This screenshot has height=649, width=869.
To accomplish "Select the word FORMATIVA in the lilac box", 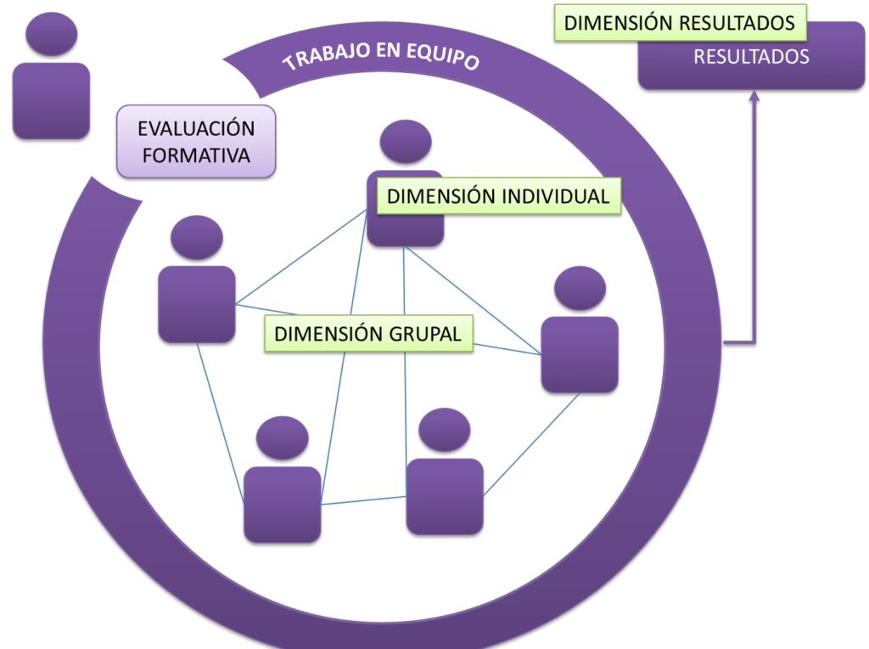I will (x=196, y=155).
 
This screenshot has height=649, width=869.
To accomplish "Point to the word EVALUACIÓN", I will (x=196, y=129).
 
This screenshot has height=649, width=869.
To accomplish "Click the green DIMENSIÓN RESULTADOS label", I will (x=680, y=23).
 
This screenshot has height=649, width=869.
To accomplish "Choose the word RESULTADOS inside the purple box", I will (x=751, y=59).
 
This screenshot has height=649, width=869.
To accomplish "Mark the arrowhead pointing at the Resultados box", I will (x=753, y=95).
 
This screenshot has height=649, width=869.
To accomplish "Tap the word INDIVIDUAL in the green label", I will (x=556, y=196).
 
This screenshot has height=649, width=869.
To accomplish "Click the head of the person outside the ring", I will (x=52, y=34).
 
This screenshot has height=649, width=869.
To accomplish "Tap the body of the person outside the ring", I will (x=52, y=100).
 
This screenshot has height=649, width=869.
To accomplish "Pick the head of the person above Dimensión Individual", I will (x=405, y=141).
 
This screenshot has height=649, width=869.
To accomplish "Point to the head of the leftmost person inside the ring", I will (x=197, y=238).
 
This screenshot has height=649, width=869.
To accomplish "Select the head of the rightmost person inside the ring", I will (x=580, y=288).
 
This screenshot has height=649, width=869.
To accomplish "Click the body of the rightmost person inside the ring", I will (x=580, y=354).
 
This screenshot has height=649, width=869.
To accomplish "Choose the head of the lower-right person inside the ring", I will (x=444, y=430).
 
